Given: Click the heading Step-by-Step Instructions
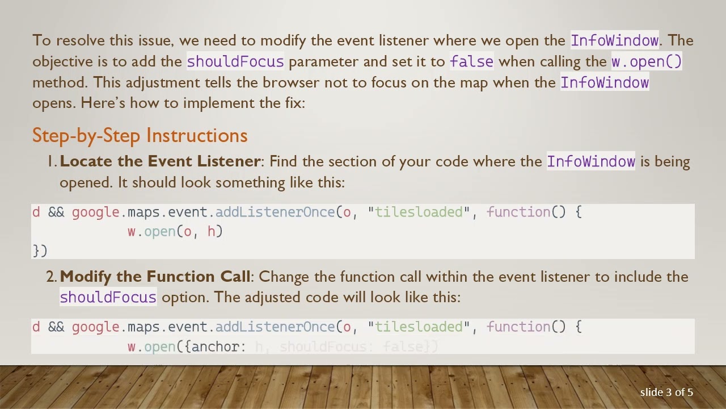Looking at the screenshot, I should [140, 136].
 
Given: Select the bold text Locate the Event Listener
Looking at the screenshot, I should [159, 161].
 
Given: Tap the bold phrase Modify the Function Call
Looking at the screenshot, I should [154, 277].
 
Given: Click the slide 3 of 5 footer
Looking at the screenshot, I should [666, 392].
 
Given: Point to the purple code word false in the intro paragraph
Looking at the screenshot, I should [471, 61].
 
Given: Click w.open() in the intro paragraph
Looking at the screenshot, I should [646, 61].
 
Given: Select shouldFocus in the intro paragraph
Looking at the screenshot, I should [235, 61].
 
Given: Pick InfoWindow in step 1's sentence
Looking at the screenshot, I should [590, 161].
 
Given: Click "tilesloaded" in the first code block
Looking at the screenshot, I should [419, 212].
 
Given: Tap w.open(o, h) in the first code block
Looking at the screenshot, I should [175, 232].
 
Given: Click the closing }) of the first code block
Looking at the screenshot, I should [40, 251].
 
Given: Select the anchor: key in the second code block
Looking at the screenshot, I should [218, 347].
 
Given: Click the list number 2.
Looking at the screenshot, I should [51, 277].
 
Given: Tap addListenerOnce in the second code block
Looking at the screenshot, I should [275, 327].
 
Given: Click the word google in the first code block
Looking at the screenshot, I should [95, 212].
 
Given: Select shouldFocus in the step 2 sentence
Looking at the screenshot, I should [108, 297].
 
